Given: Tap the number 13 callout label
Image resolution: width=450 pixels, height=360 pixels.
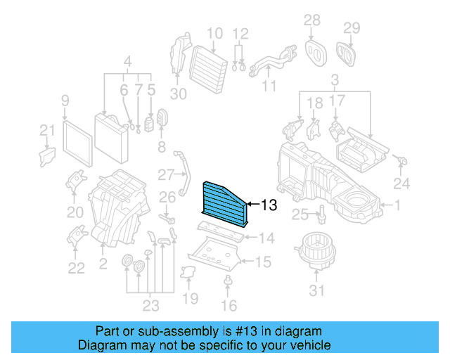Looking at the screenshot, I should [x=269, y=206].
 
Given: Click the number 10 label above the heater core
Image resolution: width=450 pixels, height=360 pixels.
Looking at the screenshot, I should [x=214, y=33].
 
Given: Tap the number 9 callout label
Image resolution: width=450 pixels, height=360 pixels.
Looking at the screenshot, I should [x=65, y=101].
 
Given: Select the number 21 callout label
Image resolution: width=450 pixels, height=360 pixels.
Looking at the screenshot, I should [x=46, y=130].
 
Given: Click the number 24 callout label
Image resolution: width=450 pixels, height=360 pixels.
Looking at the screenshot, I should [x=400, y=185].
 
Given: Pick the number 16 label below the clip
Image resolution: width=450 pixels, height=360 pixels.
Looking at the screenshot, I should [x=229, y=305].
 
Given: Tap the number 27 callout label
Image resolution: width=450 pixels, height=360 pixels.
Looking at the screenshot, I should [x=165, y=174].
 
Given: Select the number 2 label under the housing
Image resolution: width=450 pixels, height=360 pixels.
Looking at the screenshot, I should [x=104, y=264].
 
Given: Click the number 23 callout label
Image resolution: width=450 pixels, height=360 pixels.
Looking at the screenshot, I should [x=150, y=305].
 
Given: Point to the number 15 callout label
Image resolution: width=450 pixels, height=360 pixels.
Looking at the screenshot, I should [x=262, y=262].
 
